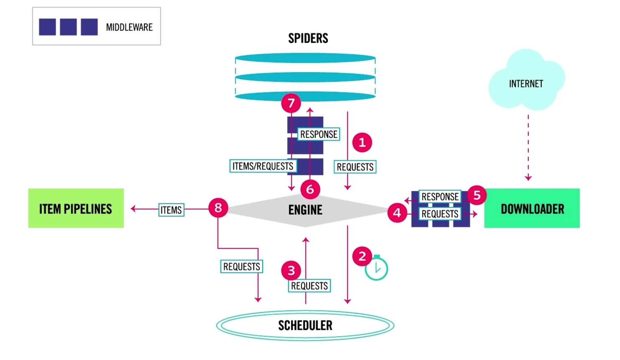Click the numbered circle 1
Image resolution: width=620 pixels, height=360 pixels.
362,142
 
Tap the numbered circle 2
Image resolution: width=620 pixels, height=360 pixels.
362,256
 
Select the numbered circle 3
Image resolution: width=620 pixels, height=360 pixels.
291,270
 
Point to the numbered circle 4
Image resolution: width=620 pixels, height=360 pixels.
397,213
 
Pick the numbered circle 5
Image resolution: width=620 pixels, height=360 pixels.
477,195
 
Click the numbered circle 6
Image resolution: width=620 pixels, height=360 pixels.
310,189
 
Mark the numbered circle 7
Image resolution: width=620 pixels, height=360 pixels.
291,103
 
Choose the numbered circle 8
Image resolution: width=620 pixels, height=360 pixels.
218,208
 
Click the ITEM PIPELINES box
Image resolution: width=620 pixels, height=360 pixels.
76,208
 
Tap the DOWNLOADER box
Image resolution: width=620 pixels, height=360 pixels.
532,208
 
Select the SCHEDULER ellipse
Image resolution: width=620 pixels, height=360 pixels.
305,325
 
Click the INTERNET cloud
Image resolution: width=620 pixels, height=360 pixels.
526,84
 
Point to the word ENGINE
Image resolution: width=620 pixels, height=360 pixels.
305,210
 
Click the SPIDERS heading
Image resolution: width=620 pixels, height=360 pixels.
308,39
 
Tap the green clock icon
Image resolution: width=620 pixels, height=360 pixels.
377,268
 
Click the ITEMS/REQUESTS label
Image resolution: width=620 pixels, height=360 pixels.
263,166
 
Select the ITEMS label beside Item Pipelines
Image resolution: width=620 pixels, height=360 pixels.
171,210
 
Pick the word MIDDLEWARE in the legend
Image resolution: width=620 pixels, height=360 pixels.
129,27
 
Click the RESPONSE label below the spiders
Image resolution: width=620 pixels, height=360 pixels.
318,134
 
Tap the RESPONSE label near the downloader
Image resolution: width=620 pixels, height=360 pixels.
440,196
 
